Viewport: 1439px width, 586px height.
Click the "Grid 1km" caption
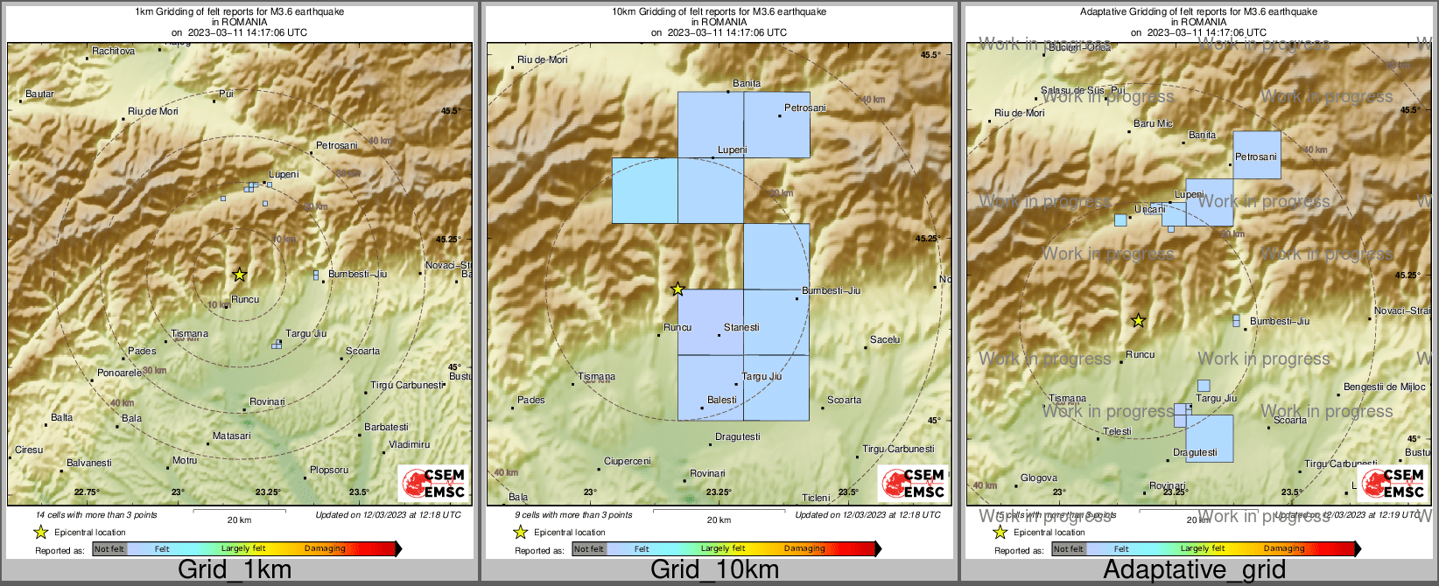click(235, 570)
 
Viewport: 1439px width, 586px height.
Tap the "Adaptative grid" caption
click(1194, 570)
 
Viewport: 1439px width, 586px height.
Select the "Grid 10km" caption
click(714, 570)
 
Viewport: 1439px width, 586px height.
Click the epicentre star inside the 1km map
click(240, 275)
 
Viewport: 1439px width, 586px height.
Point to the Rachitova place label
click(114, 51)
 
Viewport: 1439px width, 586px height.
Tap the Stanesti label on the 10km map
click(741, 327)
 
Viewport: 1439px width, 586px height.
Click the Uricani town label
click(1150, 210)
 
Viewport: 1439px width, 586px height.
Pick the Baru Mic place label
click(1153, 124)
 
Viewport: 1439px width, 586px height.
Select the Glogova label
click(1039, 478)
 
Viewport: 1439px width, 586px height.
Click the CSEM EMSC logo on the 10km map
click(913, 484)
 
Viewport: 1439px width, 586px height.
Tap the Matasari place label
click(232, 436)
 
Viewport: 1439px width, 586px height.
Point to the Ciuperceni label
click(628, 461)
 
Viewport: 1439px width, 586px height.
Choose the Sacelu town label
click(885, 339)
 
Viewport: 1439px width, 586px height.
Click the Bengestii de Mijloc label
click(1385, 387)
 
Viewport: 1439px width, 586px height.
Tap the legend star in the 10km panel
click(520, 532)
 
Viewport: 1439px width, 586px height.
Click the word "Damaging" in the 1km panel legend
click(325, 548)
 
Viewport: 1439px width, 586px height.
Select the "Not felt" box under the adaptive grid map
click(1068, 549)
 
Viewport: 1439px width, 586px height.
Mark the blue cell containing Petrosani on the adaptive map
click(1257, 155)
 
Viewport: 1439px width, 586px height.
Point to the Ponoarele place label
click(119, 373)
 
